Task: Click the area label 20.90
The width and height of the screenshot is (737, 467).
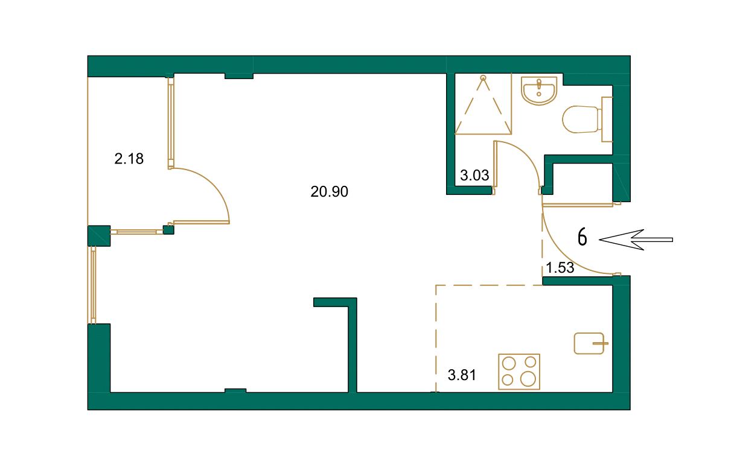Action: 330,192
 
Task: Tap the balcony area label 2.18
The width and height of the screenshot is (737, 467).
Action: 129,160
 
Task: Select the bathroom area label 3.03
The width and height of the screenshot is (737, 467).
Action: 474,177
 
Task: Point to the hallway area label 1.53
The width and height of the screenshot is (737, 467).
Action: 560,268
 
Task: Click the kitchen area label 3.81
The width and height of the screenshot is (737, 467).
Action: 462,376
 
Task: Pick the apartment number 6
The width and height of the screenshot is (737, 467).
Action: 582,238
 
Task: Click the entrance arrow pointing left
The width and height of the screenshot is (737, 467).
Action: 635,240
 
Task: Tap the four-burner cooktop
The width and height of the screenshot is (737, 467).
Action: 519,372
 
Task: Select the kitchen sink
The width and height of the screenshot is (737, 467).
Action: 589,343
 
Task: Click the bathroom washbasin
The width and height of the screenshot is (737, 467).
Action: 538,91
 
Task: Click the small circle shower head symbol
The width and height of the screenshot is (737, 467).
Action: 483,78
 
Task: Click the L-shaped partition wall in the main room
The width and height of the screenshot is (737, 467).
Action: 352,338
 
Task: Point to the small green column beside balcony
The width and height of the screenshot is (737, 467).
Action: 168,229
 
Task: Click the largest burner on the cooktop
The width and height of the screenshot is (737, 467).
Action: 528,379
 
